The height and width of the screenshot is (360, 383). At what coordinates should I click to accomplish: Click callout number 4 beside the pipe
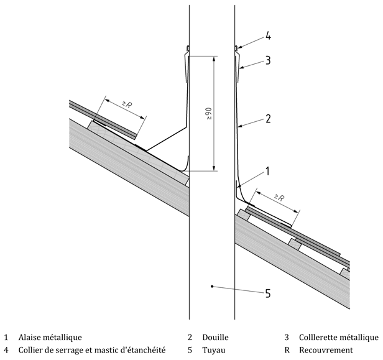(267, 36)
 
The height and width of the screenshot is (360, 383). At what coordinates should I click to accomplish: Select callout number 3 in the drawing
(267, 61)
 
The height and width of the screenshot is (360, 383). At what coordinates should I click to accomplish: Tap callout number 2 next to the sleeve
(267, 119)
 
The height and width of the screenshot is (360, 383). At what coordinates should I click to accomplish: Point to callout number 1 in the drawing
(267, 170)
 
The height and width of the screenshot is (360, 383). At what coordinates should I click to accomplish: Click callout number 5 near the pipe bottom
(268, 293)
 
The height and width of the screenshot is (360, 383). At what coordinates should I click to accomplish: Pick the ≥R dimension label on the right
(279, 198)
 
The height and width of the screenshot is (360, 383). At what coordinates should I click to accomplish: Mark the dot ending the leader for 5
(213, 287)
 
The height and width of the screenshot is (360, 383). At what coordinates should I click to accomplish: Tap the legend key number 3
(287, 338)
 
